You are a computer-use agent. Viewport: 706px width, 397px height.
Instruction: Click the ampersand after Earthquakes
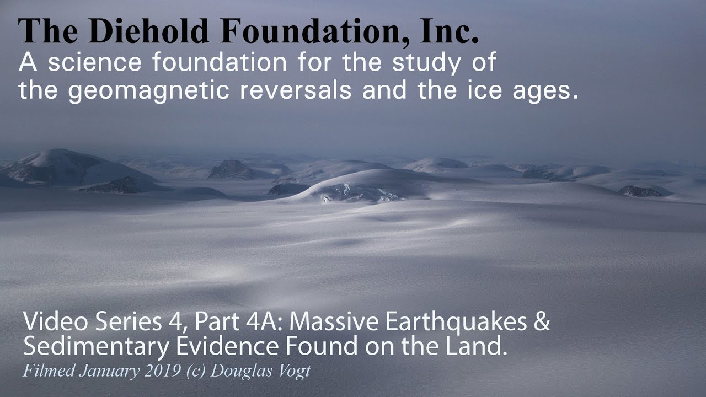(542, 322)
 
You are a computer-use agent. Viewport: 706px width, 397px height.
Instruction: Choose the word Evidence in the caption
(201, 347)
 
